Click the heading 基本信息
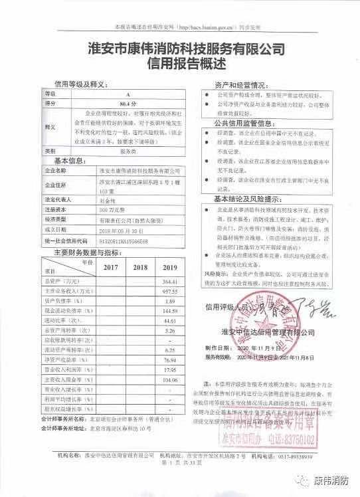click(70, 161)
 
